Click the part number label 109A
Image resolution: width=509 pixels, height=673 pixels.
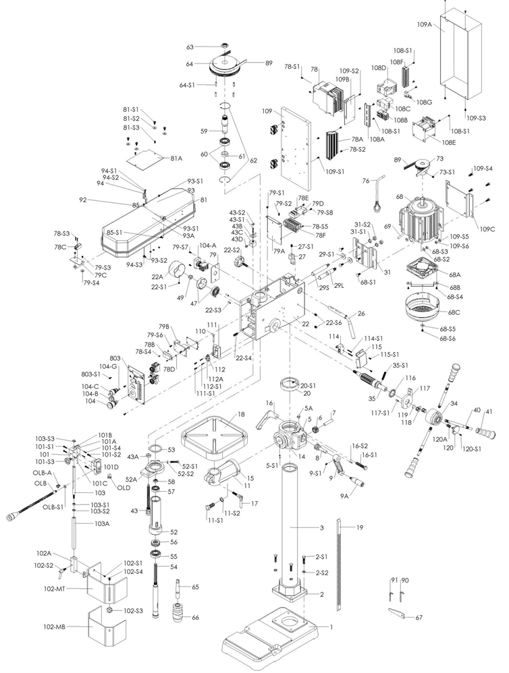pyautogui.click(x=425, y=24)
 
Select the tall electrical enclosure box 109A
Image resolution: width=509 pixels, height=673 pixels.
pyautogui.click(x=461, y=54)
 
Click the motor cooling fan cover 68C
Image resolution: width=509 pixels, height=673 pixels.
pyautogui.click(x=425, y=315)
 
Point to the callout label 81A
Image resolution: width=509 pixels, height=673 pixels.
pyautogui.click(x=176, y=158)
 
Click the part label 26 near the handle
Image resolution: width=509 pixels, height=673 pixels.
pyautogui.click(x=361, y=313)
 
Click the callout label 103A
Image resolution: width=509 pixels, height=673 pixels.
pyautogui.click(x=101, y=523)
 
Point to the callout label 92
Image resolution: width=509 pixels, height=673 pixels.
pyautogui.click(x=83, y=200)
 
